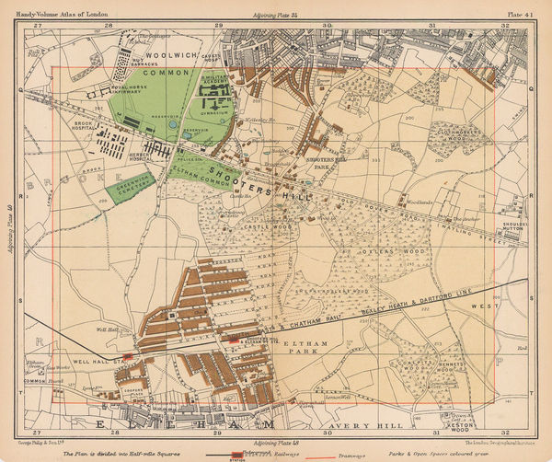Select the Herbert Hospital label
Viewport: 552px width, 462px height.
tap(141, 156)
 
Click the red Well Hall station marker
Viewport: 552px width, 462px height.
tap(128, 353)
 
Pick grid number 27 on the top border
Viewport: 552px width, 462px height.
tap(39, 25)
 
